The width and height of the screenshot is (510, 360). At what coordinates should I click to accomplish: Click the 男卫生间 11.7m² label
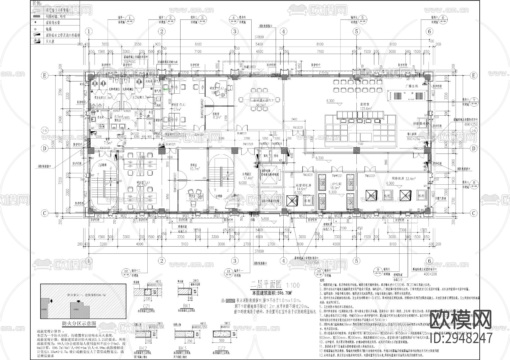[x=103, y=98]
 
